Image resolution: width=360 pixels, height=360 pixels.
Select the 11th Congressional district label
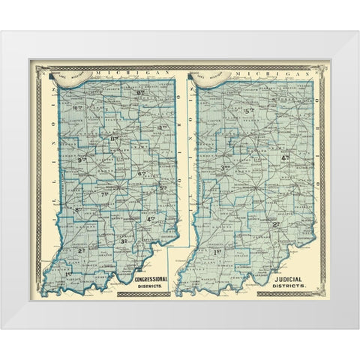click(x=115, y=140)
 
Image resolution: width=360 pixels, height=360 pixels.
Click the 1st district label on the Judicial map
click(x=218, y=251)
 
